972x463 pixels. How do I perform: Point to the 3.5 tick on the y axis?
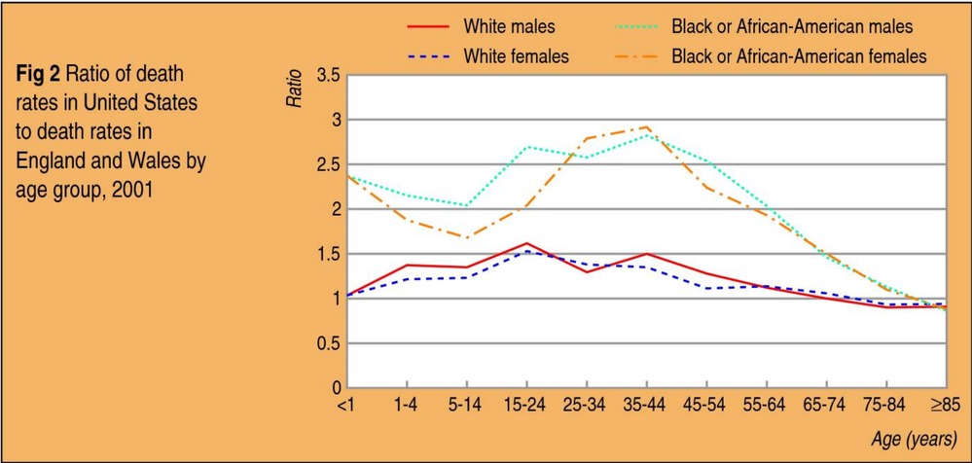(328, 76)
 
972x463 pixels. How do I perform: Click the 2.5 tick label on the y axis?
(328, 165)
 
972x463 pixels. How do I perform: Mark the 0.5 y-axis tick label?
(328, 343)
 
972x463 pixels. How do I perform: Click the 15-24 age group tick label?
(525, 404)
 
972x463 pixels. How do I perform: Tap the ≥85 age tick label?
(945, 404)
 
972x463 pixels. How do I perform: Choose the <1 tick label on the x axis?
(345, 404)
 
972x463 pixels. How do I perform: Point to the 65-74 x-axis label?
(825, 404)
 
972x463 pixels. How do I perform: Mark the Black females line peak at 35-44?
(646, 126)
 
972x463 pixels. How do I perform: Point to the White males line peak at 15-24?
(526, 243)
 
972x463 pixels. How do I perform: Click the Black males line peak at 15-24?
(526, 147)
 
